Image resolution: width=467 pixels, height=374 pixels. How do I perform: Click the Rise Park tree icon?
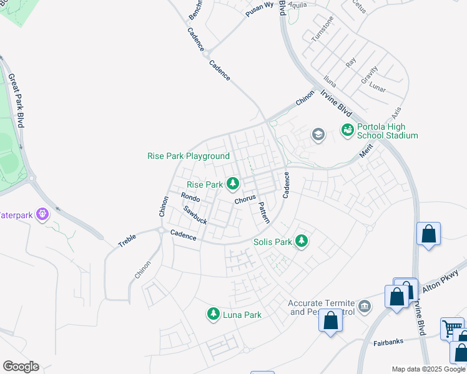click(233, 183)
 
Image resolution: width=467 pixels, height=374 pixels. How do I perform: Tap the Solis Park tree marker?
click(302, 241)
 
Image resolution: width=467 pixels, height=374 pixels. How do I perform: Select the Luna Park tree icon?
click(214, 314)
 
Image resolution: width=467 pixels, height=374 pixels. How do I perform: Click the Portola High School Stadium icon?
click(347, 130)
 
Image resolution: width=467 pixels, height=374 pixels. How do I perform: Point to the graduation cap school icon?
click(318, 134)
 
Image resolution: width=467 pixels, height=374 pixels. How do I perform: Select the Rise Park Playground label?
click(189, 156)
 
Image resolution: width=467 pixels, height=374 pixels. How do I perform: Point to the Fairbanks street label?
click(388, 341)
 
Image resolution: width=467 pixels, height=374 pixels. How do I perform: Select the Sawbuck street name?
click(195, 216)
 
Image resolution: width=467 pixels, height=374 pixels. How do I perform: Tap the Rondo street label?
click(190, 198)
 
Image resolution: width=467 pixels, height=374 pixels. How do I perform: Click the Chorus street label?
click(245, 199)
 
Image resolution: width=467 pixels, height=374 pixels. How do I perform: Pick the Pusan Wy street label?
click(260, 9)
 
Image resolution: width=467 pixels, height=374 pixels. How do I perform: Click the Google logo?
click(21, 367)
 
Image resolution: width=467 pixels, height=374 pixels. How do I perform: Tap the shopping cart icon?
click(451, 328)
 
